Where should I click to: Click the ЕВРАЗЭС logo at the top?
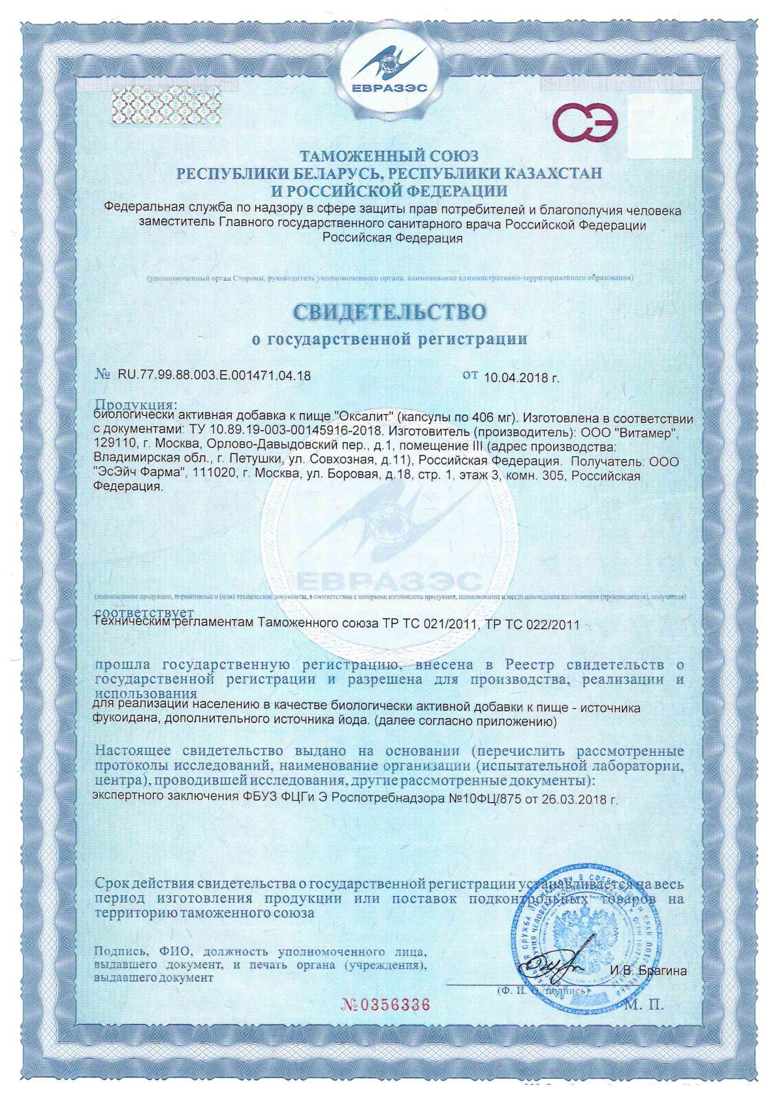(x=388, y=72)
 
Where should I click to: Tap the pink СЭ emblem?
(x=585, y=122)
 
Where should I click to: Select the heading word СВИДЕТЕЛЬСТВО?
(x=389, y=311)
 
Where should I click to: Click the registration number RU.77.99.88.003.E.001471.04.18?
(x=214, y=376)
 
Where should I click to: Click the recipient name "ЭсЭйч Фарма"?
(x=141, y=476)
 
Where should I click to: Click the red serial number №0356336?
(x=386, y=1004)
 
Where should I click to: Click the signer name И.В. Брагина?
(x=648, y=971)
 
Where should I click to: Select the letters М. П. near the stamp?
(x=644, y=1005)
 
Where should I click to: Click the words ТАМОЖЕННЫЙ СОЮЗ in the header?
(x=388, y=156)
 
